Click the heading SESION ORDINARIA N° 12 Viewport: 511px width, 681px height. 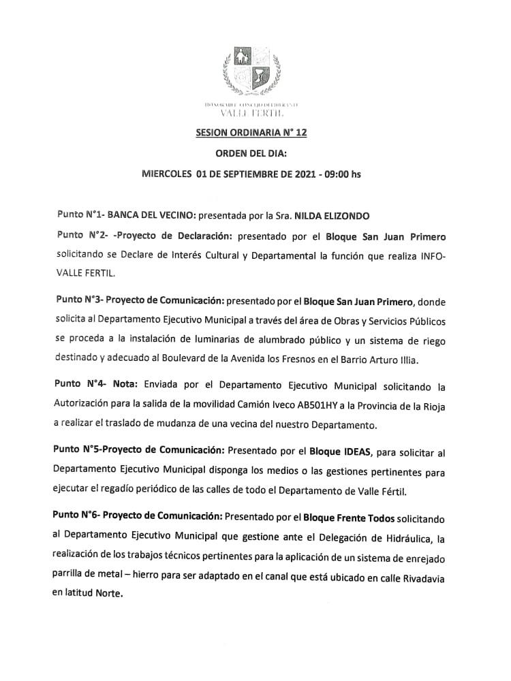[x=251, y=133]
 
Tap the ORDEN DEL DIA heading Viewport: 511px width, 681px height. [x=251, y=154]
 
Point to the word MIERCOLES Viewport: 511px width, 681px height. [x=166, y=174]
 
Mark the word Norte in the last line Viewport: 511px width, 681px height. [x=110, y=594]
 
